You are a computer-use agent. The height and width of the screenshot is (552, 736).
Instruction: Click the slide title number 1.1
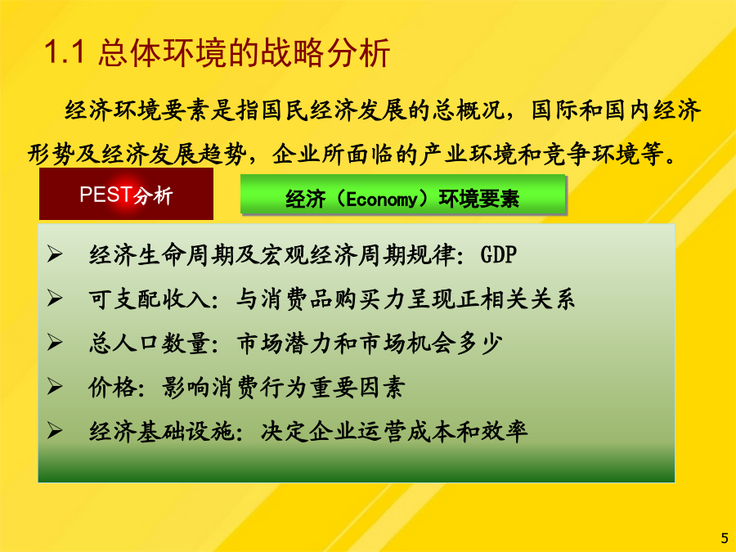pos(65,52)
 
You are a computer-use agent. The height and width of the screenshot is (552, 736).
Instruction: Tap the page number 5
pos(725,537)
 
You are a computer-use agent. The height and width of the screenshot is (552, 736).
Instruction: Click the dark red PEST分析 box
pos(126,194)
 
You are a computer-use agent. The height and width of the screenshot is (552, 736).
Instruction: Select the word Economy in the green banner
pos(381,200)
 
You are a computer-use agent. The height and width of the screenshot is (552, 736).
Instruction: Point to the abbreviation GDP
pos(499,255)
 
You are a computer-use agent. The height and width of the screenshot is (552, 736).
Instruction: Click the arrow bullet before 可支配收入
pos(55,298)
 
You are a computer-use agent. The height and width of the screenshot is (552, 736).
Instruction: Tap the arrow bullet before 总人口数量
pos(55,343)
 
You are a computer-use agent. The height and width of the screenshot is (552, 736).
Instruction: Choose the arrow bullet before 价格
pos(55,387)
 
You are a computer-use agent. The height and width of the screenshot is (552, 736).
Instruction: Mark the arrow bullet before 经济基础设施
pos(55,430)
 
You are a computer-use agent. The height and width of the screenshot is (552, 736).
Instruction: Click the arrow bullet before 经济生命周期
pos(55,254)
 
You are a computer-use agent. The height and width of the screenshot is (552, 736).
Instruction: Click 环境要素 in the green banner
pos(478,199)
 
